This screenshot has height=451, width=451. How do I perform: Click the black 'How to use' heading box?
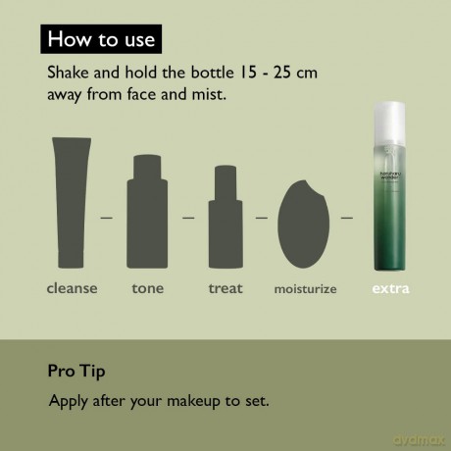click(101, 39)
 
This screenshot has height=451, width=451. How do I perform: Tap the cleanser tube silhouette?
click(72, 203)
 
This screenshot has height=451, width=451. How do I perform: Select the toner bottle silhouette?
click(147, 212)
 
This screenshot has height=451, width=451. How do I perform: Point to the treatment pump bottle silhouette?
click(225, 217)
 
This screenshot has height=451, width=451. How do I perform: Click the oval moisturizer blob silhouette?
click(303, 225)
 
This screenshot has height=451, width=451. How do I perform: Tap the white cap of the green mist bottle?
click(389, 125)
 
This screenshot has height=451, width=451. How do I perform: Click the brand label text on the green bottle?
click(390, 175)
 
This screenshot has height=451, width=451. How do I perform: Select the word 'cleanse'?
click(73, 288)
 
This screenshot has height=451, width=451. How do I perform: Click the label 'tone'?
click(148, 288)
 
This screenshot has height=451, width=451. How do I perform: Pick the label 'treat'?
click(225, 288)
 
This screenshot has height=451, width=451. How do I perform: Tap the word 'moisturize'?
click(305, 289)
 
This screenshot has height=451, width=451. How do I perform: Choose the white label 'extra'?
click(390, 288)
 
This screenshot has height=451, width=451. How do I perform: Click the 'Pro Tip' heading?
click(76, 372)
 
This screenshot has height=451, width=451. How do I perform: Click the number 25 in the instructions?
click(282, 73)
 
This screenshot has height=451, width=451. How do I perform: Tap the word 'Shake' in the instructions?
click(68, 73)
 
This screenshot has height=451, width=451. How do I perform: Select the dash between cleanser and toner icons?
click(106, 218)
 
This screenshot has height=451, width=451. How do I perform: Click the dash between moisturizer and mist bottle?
click(347, 218)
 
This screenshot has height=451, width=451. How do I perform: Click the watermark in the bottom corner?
click(420, 440)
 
